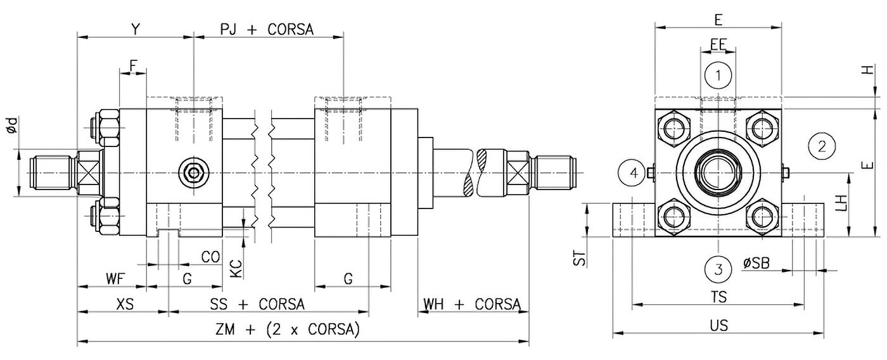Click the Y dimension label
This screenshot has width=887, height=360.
click(134, 29)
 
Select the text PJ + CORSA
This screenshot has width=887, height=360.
click(267, 30)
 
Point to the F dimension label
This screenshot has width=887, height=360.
click(133, 65)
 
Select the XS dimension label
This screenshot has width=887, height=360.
click(125, 304)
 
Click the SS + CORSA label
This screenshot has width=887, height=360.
click(257, 304)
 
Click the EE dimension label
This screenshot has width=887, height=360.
click(718, 44)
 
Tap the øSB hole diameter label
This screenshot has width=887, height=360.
click(756, 263)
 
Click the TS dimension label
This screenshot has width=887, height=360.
click(718, 297)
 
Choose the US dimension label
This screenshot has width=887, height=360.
click(718, 326)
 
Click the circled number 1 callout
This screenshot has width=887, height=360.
click(718, 76)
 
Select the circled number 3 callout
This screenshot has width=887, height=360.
click(718, 269)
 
